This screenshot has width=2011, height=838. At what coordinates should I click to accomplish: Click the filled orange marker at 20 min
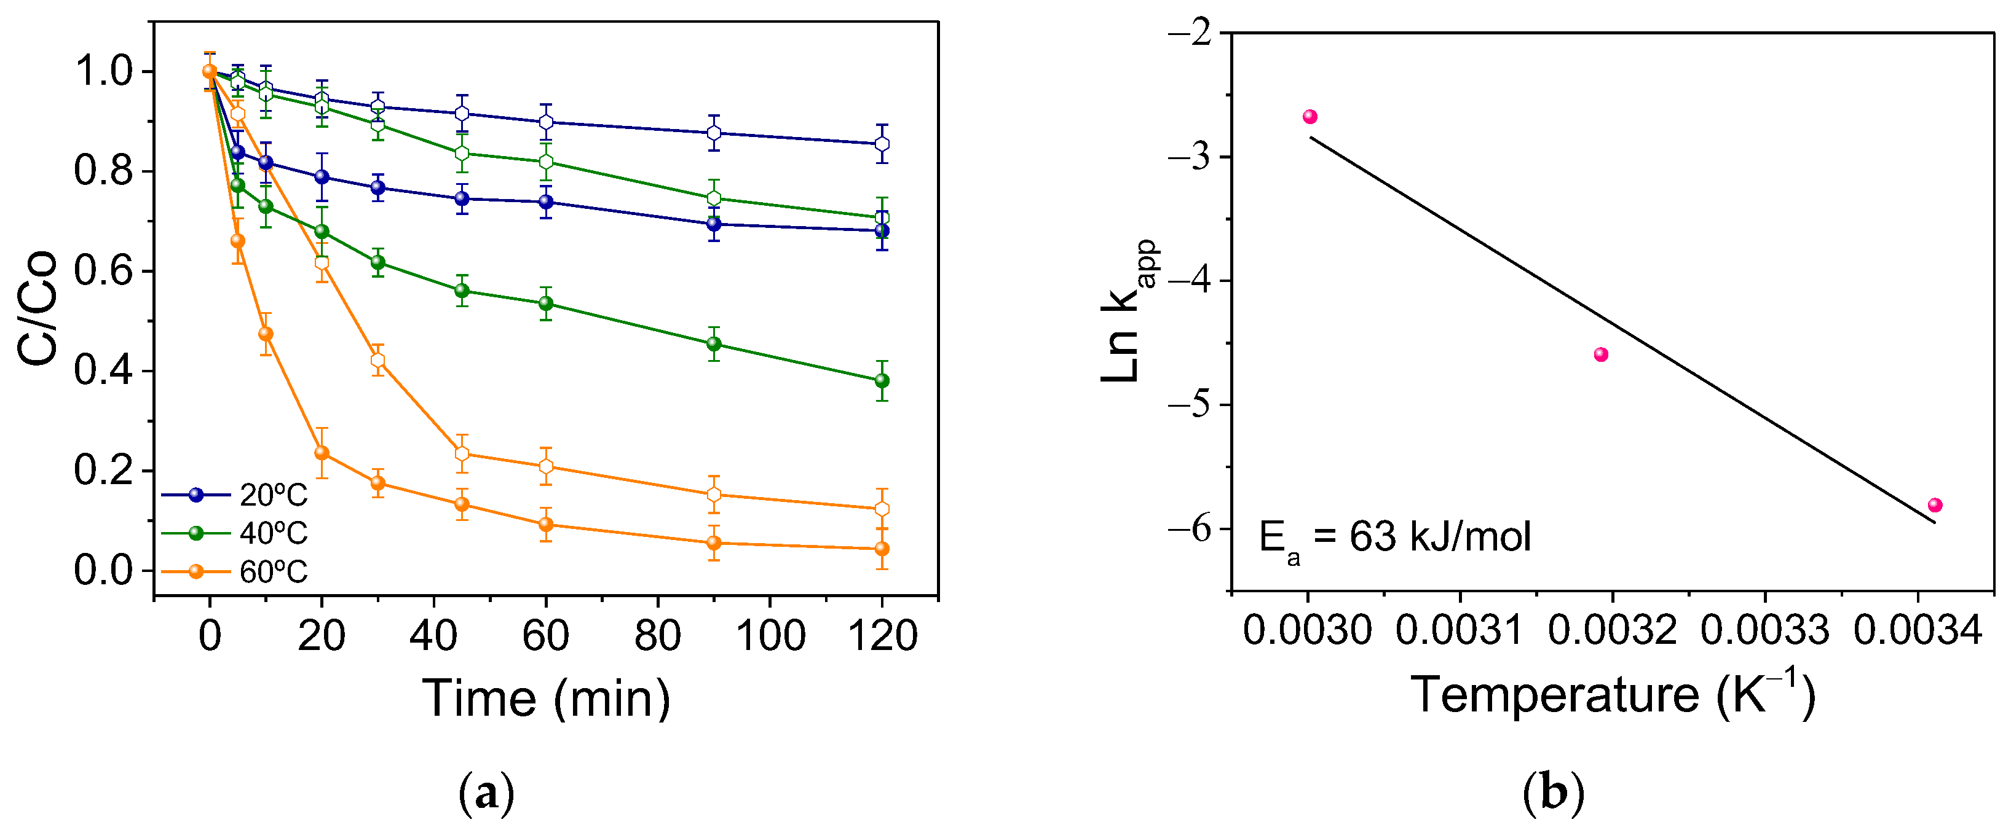coord(322,453)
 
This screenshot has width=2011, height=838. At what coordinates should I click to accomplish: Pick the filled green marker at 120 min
coord(882,381)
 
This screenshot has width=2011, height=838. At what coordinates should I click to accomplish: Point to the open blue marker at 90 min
coord(714,133)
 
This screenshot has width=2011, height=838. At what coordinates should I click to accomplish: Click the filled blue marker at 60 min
coord(546,202)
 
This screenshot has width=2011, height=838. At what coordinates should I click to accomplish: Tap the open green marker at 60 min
coord(546,162)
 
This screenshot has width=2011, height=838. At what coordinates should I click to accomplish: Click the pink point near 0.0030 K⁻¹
coord(1310,116)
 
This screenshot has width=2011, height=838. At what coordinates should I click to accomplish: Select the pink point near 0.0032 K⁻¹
coord(1601,354)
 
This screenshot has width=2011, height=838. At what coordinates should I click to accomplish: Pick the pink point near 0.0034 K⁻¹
coord(1935,505)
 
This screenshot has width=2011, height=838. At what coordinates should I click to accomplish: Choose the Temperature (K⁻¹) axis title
coord(1613,694)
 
